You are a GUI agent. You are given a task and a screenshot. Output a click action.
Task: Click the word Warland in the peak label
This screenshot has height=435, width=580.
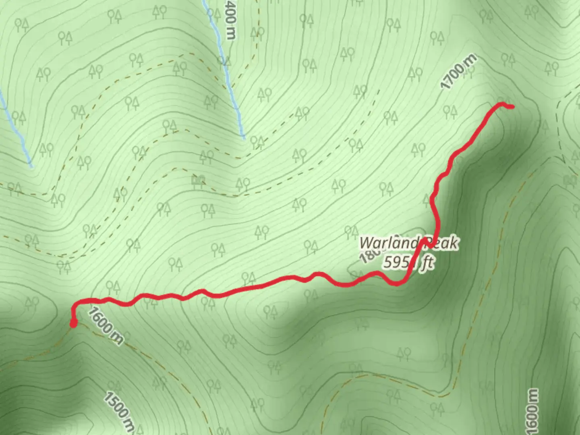click(389, 243)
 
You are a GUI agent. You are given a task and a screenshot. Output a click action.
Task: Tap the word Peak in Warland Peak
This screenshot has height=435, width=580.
click(443, 243)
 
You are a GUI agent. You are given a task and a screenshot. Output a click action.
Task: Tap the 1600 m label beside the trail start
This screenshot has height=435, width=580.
click(105, 326)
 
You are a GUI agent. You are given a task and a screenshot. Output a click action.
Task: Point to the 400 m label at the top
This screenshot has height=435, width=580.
click(230, 19)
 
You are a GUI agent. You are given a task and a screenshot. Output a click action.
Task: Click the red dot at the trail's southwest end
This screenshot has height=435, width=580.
click(73, 323)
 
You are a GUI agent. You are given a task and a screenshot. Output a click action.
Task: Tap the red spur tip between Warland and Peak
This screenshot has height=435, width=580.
click(425, 240)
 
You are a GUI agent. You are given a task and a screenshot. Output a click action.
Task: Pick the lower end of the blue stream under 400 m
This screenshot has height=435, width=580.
click(243, 137)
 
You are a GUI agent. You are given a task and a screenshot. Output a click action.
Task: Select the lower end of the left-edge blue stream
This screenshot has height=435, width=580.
click(31, 165)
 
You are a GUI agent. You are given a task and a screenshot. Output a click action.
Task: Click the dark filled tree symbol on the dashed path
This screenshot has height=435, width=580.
click(198, 181)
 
